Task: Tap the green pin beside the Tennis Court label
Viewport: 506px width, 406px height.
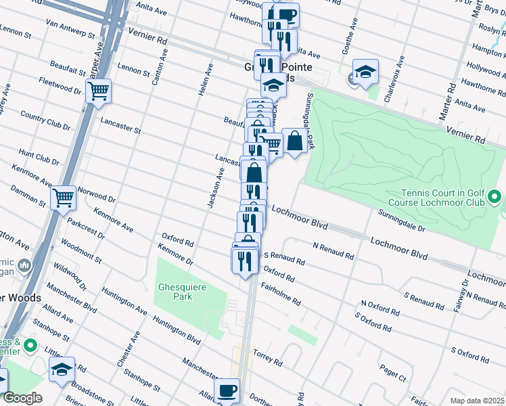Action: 495,198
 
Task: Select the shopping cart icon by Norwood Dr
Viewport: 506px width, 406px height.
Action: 64,198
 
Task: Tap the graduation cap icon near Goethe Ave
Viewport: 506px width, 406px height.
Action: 365,71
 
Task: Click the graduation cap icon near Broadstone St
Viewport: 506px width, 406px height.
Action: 62,369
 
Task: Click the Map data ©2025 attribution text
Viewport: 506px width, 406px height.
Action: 477,401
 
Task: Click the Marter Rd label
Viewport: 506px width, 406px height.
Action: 448,104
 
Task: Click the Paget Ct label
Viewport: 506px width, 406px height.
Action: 392,373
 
